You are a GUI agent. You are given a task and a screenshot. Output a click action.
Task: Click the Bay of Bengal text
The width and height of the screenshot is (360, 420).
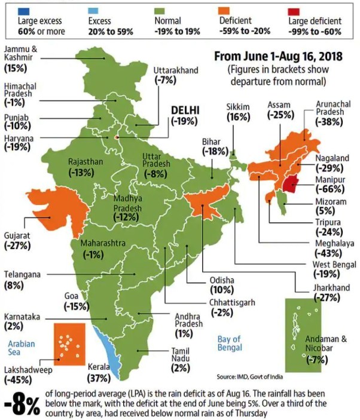point(230,342)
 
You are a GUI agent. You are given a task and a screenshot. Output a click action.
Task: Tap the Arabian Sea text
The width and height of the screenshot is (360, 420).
point(22,348)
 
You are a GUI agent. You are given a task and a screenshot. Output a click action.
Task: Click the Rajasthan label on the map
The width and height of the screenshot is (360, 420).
point(86,161)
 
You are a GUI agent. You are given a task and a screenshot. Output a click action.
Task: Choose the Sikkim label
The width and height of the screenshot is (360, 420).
point(237,106)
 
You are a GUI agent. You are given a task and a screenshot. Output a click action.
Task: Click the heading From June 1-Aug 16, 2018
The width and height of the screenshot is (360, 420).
point(277,57)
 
